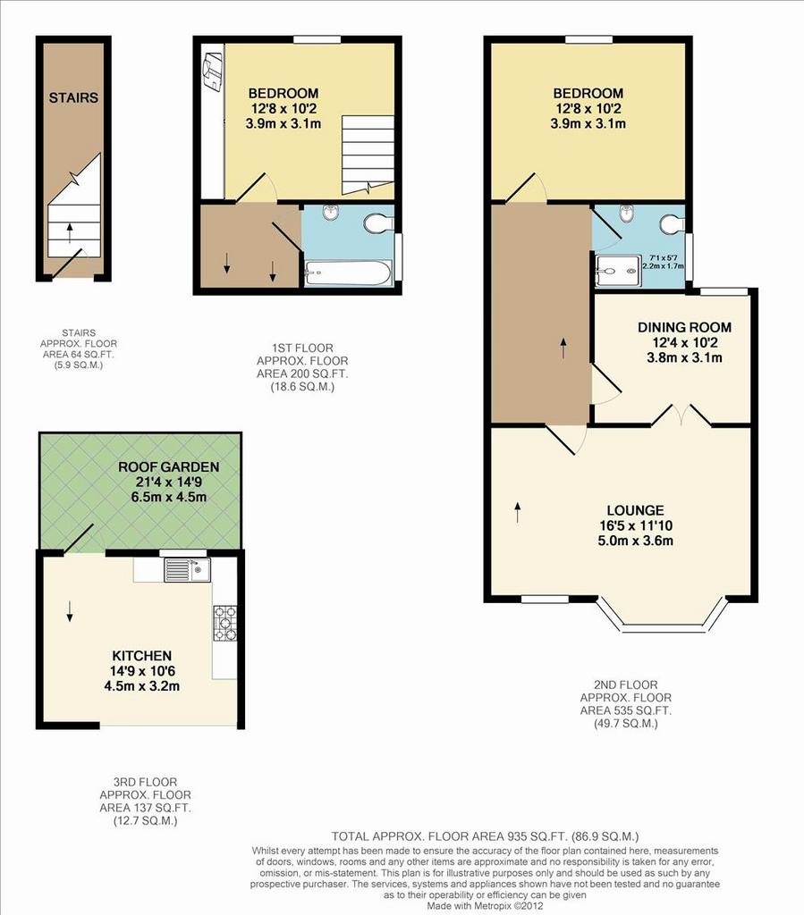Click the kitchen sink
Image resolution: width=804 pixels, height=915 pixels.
coord(187,570)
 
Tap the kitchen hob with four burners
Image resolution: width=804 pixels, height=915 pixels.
coord(225,623)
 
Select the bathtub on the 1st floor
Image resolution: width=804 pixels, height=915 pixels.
coord(348,273)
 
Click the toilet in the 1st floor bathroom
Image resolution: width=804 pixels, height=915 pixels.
coord(379,222)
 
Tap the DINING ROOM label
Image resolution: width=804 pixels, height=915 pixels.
coord(684,327)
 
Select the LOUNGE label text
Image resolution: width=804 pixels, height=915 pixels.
coord(635,510)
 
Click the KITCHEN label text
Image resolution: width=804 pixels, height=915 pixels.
coord(142,656)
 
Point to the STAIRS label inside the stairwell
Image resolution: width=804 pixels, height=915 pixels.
coord(73,97)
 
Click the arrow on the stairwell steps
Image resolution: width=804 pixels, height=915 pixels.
coord(70,232)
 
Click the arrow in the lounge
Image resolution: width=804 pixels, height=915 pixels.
coord(517,512)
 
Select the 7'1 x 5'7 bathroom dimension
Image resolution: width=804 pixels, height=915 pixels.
coord(663,257)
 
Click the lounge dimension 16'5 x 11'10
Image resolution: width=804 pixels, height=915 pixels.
coord(635,525)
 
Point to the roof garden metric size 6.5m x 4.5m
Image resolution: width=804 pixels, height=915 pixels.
coord(169,497)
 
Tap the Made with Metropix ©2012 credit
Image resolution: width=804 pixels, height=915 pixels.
coord(486,906)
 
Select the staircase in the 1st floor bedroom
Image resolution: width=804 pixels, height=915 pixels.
coord(368,155)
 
